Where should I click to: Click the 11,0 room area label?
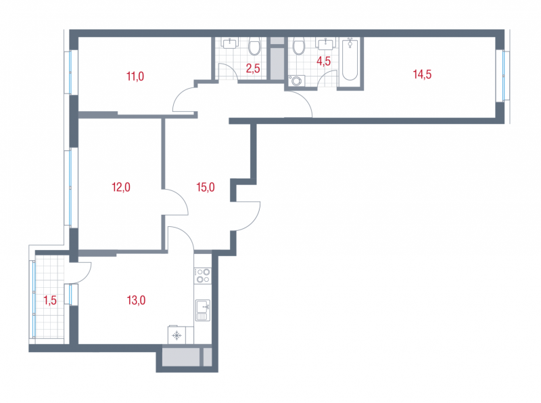135,76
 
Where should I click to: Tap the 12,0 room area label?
121,187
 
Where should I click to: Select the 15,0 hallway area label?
206,187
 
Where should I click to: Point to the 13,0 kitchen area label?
137,300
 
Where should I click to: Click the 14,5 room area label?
422,75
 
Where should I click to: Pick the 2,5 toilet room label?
253,68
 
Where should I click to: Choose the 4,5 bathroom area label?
324,61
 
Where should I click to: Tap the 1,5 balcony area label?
50,300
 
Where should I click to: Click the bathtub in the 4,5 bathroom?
350,59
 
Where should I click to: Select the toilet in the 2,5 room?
255,47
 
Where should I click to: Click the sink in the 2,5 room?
229,43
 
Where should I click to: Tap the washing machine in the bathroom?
296,81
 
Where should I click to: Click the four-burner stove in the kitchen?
202,276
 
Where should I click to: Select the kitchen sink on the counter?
202,310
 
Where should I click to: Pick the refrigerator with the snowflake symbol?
177,335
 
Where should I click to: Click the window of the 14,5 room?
505,76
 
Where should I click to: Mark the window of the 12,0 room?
70,188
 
